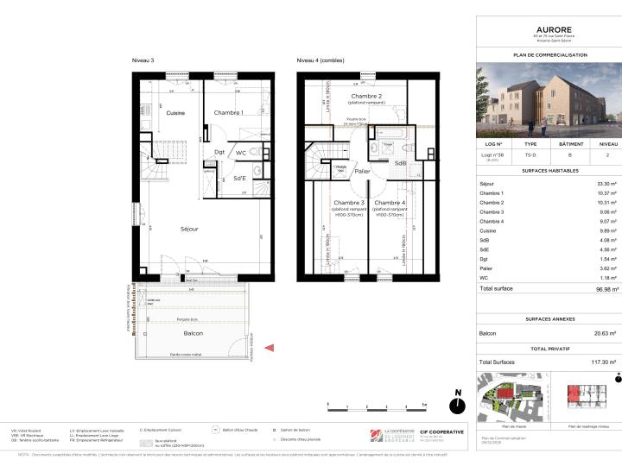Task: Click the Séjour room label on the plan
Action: coord(189,229)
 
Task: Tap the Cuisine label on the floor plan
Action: coord(176,113)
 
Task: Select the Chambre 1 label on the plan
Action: coord(229,113)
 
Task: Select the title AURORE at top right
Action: coord(548,28)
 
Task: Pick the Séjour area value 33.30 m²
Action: coord(604,184)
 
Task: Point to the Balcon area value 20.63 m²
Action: coord(603,333)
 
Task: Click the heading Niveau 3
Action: coord(143,61)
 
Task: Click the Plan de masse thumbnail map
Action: coord(515,400)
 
